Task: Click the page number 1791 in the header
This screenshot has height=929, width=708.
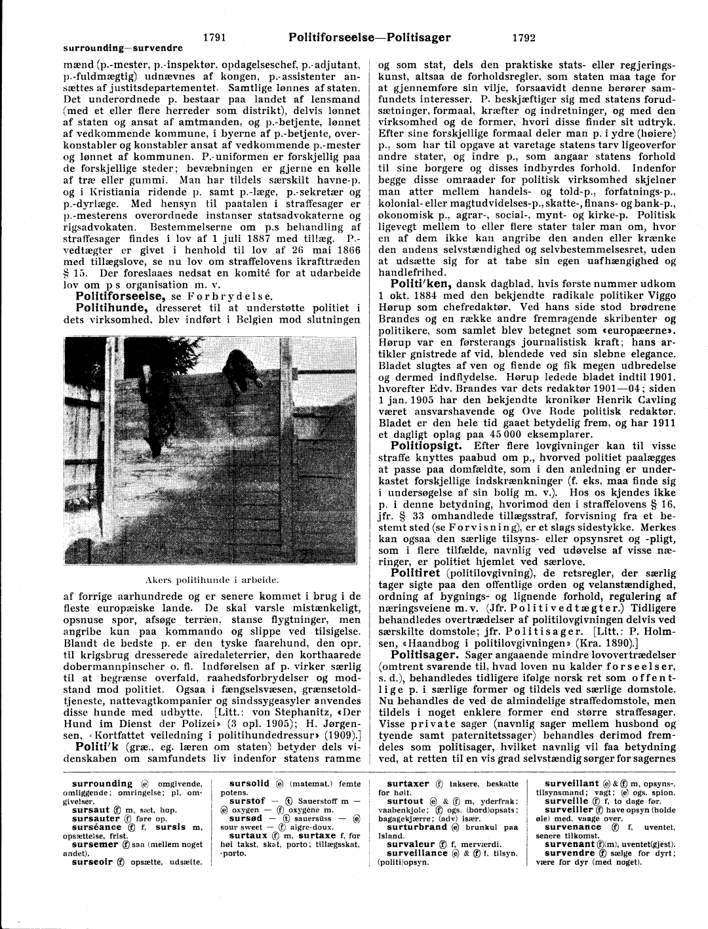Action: coord(214,37)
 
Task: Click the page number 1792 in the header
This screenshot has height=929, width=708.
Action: coord(524,37)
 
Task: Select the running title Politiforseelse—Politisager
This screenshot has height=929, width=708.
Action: coord(370,37)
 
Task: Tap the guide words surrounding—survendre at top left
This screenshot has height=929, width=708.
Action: coord(123,48)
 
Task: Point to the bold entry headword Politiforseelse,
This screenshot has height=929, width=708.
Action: coord(122,296)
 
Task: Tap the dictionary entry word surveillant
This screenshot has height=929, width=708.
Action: coord(572,783)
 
